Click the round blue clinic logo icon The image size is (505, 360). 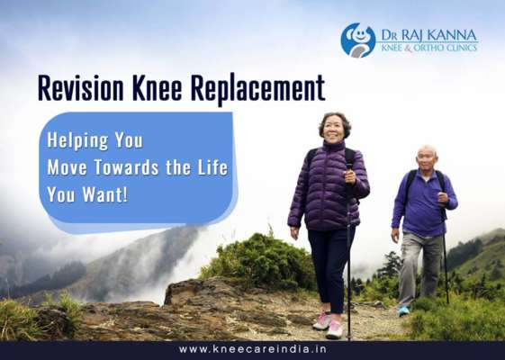357,40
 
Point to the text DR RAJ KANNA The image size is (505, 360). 428,33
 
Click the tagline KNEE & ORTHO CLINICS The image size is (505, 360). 428,49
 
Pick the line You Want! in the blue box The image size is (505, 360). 88,193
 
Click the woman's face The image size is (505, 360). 333,128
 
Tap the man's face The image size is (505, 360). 426,158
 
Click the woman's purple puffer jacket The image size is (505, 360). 326,189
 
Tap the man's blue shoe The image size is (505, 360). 404,310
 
